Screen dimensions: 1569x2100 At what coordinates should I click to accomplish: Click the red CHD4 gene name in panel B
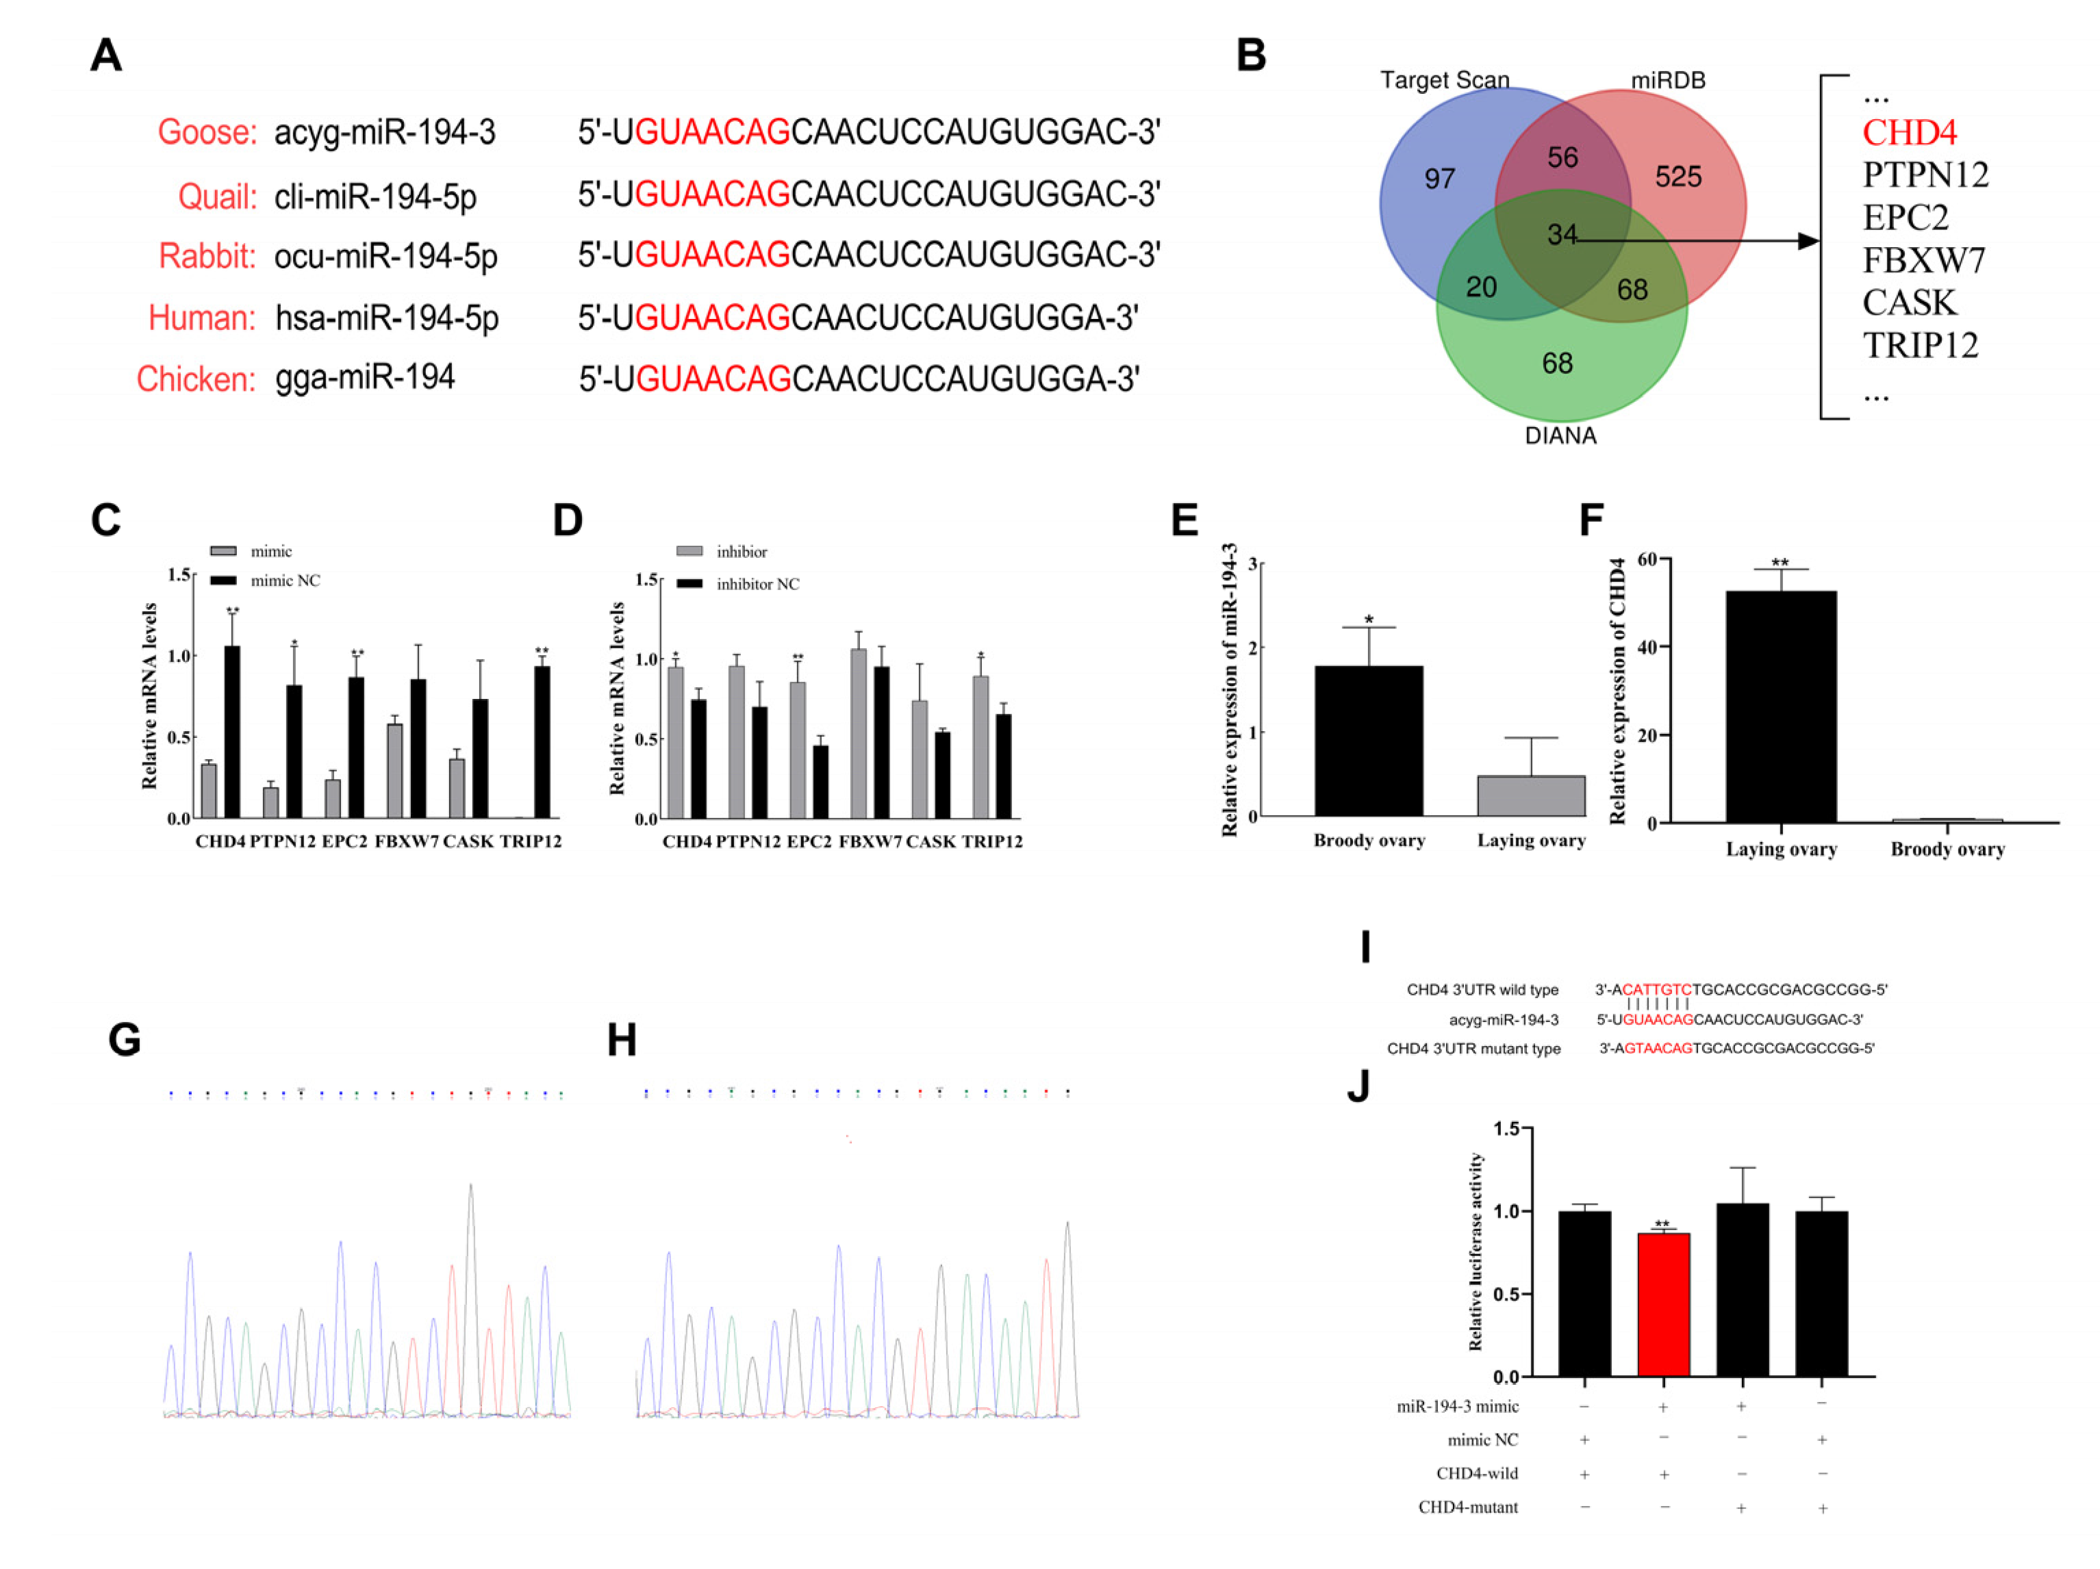point(1909,132)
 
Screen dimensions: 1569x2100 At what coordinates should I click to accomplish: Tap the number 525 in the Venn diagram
point(1678,177)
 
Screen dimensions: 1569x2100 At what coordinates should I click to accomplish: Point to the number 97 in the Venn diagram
point(1439,179)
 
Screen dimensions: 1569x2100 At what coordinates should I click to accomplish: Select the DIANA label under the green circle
point(1560,435)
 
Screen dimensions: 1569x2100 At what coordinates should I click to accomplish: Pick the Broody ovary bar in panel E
point(1368,741)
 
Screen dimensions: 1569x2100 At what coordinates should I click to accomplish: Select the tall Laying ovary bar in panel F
point(1780,706)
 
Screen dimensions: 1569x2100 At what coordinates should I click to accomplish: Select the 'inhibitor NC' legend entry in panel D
point(757,584)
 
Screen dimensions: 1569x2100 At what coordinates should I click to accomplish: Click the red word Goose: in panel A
point(207,132)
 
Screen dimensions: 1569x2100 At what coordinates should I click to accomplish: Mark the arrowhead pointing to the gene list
point(1808,241)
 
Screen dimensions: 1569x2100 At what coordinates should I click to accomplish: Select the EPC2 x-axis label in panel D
point(809,842)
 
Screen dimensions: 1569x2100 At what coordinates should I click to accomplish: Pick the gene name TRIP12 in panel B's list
point(1920,346)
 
